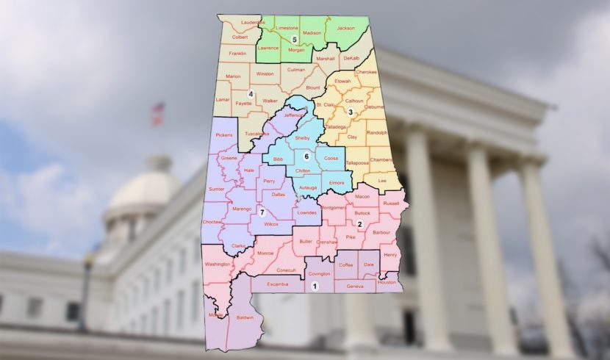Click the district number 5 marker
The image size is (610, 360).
(294, 39)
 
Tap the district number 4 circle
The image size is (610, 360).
(251, 93)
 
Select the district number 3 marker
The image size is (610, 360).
(351, 112)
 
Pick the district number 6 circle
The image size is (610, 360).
(306, 156)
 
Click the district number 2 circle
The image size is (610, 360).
(359, 224)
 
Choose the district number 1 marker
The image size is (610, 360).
(315, 287)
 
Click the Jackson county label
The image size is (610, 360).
(345, 28)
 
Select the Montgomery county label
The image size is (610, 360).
(333, 207)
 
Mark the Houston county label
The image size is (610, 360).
(387, 282)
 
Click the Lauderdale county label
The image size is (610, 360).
(253, 23)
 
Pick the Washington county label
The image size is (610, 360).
(218, 264)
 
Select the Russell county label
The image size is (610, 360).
(391, 204)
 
